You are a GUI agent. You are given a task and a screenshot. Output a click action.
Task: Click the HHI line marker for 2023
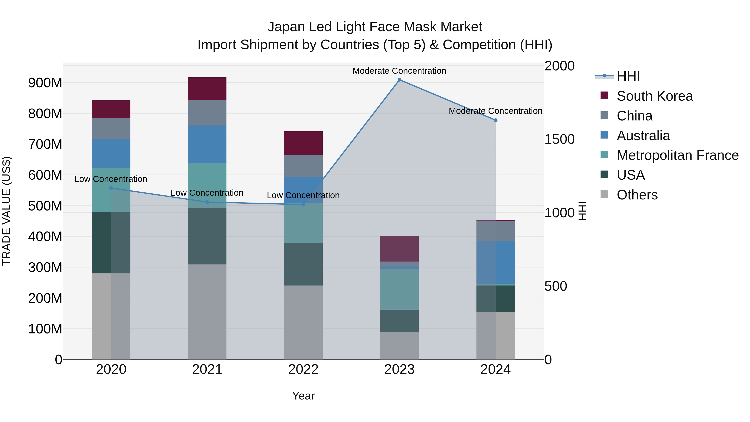(x=399, y=80)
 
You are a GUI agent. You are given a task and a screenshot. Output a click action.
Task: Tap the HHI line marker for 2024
(x=496, y=120)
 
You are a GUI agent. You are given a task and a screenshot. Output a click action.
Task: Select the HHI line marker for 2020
(x=111, y=188)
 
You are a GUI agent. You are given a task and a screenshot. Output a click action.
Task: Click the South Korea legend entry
(x=655, y=96)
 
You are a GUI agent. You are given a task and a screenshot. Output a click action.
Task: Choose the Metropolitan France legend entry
(x=677, y=155)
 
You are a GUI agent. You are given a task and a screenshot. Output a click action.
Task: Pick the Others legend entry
(x=637, y=195)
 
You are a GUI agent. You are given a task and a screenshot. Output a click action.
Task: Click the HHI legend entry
(x=628, y=76)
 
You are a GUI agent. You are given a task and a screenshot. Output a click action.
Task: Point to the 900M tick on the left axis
(x=45, y=83)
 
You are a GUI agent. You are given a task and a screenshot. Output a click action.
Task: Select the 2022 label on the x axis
(x=303, y=369)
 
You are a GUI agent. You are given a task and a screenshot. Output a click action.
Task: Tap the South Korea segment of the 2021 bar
(x=207, y=89)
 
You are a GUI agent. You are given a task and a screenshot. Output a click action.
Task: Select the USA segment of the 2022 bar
(x=303, y=264)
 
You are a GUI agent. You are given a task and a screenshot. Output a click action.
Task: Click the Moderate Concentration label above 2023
(x=399, y=71)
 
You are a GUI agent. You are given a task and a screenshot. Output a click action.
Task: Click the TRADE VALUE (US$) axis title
(x=6, y=211)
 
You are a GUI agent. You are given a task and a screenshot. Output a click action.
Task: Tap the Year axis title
(x=303, y=396)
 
